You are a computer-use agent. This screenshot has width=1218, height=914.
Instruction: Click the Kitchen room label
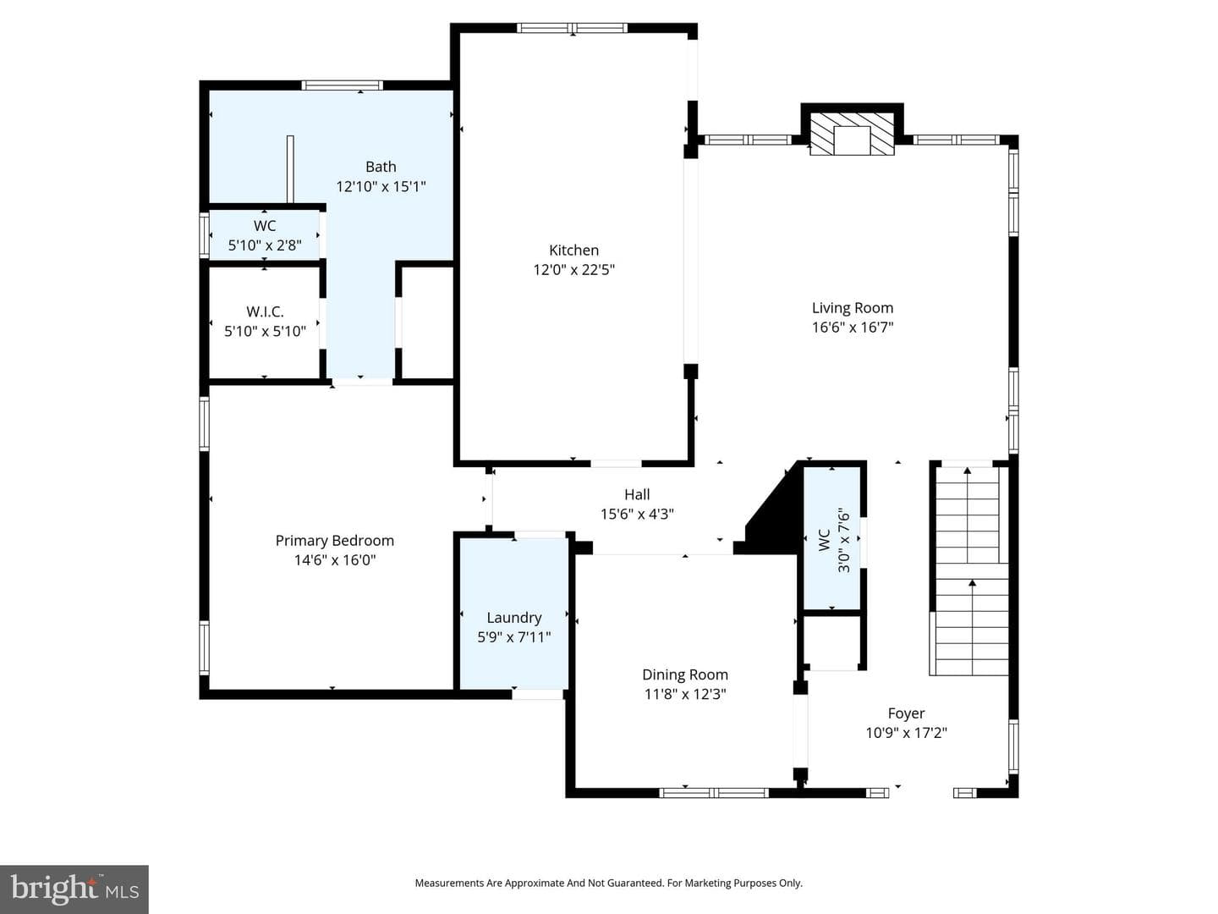point(573,251)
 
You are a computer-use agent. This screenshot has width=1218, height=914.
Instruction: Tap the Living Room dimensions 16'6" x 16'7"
point(853,328)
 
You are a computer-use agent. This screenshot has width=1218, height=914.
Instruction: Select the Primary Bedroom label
point(335,541)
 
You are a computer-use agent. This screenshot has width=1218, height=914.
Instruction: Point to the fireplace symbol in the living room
point(852,134)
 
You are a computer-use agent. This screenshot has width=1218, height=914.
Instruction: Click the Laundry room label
point(513,618)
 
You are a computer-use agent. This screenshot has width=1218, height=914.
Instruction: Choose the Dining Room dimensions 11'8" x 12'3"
point(685,694)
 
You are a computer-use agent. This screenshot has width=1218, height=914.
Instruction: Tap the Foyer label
point(906,713)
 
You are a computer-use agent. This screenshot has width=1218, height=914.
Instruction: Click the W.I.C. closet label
point(265,311)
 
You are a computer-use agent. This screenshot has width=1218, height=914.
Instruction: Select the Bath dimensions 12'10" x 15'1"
point(381,186)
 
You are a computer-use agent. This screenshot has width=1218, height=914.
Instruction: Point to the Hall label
point(637,494)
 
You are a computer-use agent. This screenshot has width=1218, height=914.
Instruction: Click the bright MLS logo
point(74,889)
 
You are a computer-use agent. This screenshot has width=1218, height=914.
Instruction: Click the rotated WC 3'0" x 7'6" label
point(834,540)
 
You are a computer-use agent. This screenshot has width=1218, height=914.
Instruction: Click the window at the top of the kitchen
point(572,28)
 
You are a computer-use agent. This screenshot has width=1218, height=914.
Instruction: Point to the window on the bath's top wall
point(343,85)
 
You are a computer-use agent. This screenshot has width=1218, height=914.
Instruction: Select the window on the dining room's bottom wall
point(714,793)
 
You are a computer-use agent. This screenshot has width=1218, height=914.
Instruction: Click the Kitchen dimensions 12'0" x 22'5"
point(573,270)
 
